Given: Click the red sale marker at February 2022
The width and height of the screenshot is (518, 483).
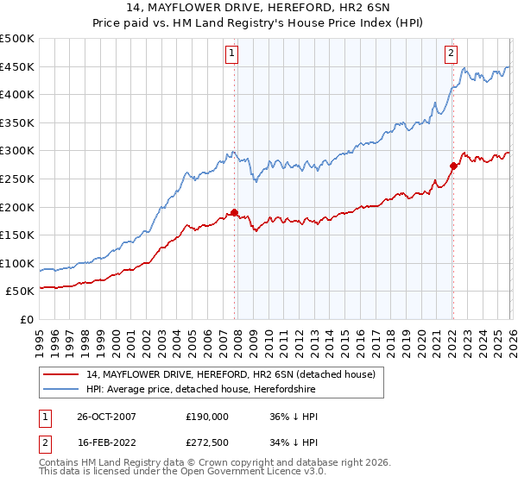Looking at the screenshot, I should pyautogui.click(x=452, y=166).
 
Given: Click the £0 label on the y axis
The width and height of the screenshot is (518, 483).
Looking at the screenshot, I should pyautogui.click(x=27, y=319).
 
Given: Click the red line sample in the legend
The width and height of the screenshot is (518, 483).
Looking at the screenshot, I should pyautogui.click(x=60, y=375).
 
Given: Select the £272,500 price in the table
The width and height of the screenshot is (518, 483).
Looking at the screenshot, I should pyautogui.click(x=207, y=444).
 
